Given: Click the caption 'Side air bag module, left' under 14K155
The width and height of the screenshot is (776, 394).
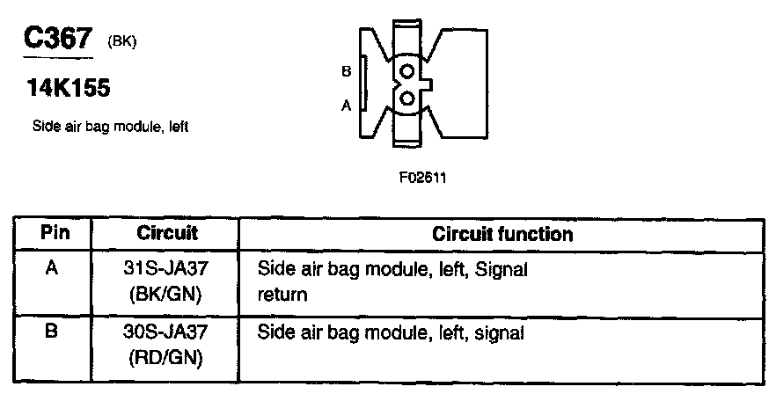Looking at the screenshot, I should pyautogui.click(x=110, y=126).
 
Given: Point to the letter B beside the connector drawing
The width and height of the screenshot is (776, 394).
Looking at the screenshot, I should pyautogui.click(x=346, y=71).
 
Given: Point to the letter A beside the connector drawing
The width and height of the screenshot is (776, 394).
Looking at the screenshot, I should pyautogui.click(x=346, y=105).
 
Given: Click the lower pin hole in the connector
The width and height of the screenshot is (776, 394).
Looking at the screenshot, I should pyautogui.click(x=406, y=98).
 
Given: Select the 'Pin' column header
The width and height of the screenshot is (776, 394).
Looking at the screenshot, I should pyautogui.click(x=55, y=233).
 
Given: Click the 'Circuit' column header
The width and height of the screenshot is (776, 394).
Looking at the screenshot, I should pyautogui.click(x=167, y=234).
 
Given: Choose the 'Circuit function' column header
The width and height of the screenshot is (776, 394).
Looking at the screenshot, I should pyautogui.click(x=502, y=234).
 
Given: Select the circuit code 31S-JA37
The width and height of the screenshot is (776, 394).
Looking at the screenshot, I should pyautogui.click(x=167, y=270).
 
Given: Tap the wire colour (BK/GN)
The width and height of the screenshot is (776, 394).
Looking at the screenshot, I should pyautogui.click(x=167, y=294).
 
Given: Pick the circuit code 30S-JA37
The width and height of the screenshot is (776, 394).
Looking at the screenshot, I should pyautogui.click(x=167, y=333).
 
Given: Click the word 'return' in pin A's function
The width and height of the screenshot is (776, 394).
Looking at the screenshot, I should pyautogui.click(x=282, y=295).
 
